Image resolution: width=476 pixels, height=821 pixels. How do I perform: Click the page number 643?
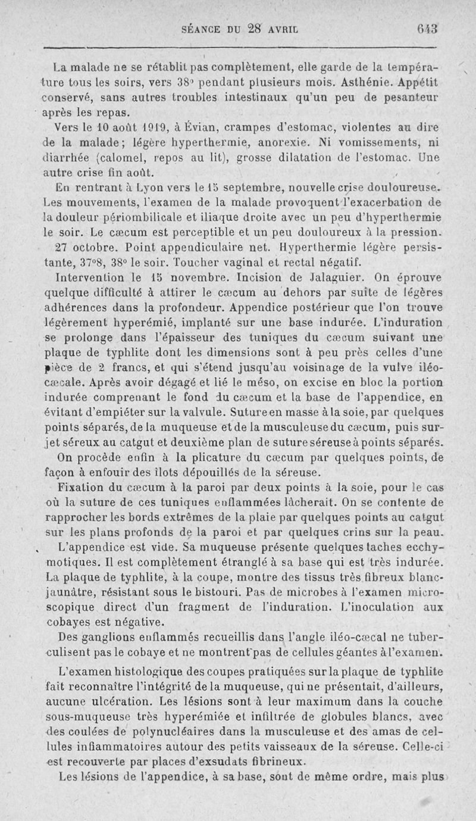pos(427,27)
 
